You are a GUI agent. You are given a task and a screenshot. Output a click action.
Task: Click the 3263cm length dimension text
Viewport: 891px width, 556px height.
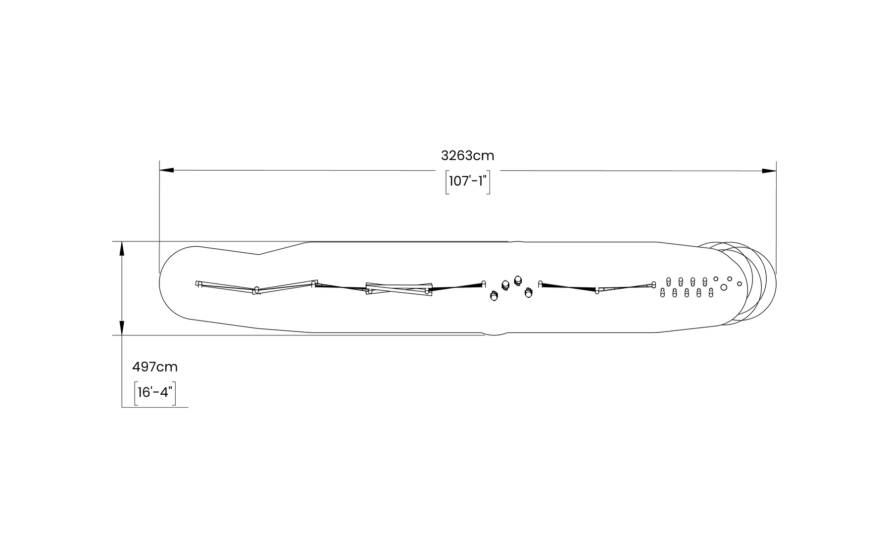467,156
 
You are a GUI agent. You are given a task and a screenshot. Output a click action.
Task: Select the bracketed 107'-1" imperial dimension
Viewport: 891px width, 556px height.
468,182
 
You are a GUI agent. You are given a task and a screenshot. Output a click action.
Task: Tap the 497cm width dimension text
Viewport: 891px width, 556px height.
154,367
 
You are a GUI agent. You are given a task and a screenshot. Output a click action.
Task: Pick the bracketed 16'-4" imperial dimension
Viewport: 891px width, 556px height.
155,393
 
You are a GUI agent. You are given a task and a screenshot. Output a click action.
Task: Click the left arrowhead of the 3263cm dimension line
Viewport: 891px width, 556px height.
166,171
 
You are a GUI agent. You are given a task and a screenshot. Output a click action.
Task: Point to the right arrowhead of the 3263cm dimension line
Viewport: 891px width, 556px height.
769,171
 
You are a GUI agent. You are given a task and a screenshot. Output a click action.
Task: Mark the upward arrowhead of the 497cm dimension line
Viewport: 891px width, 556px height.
122,249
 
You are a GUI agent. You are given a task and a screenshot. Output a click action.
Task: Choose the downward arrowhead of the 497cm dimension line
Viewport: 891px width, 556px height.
122,328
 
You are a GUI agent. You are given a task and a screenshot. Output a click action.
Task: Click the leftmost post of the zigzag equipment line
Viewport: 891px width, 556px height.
198,284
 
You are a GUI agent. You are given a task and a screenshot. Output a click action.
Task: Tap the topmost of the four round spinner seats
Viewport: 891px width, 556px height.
518,280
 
